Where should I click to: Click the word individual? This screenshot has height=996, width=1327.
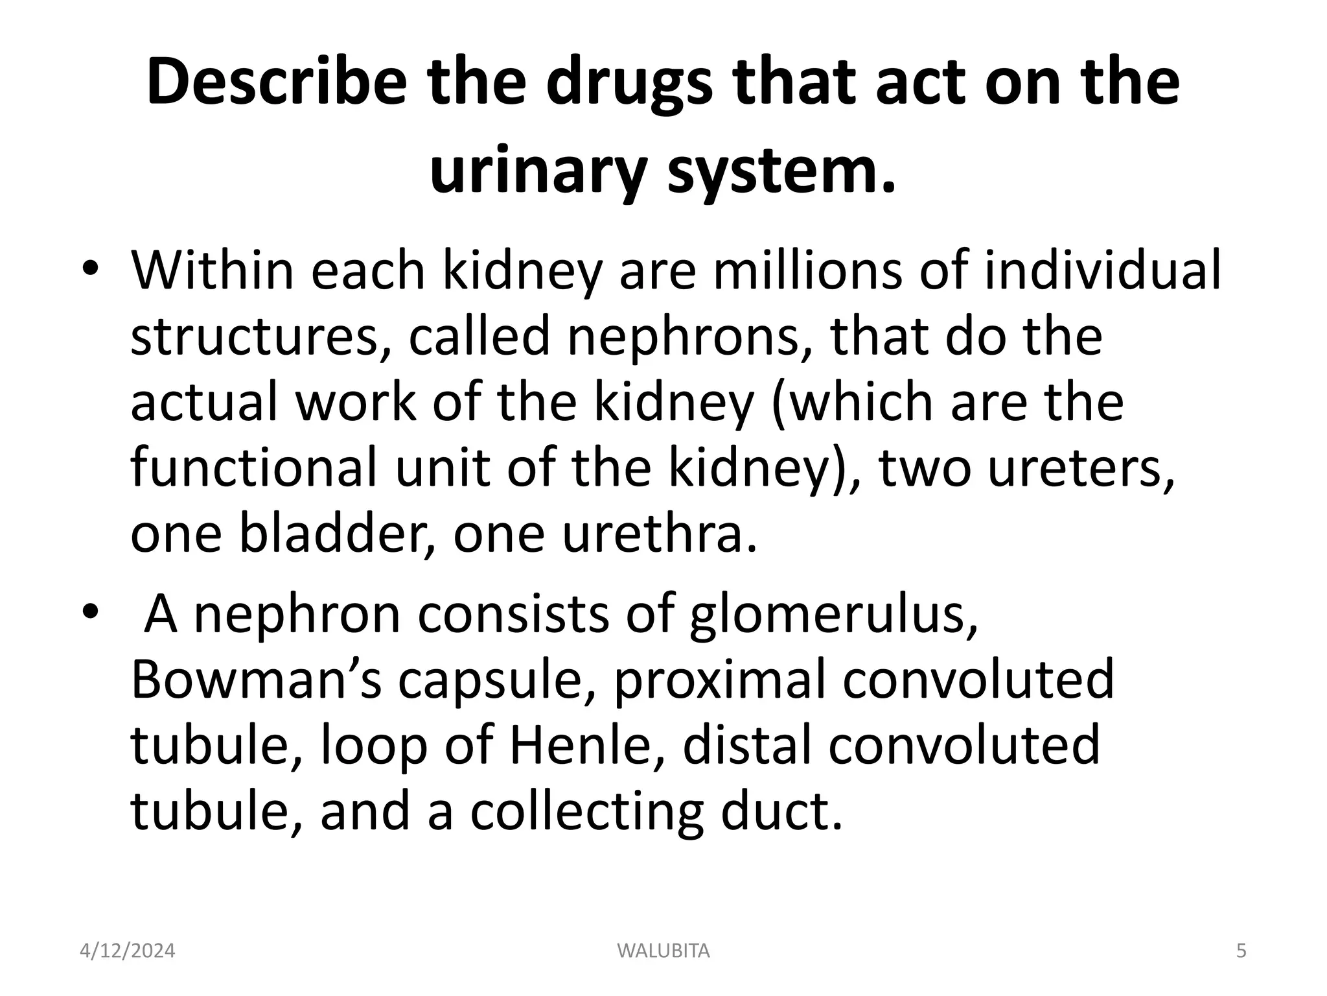[x=1102, y=270]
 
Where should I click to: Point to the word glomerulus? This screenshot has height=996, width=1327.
[x=833, y=615]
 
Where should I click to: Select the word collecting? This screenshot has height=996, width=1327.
[x=586, y=812]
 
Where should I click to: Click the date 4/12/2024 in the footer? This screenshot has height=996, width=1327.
[x=128, y=951]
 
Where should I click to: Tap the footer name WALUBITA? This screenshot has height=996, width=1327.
[x=663, y=951]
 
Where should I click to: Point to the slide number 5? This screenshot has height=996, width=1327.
[x=1241, y=951]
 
